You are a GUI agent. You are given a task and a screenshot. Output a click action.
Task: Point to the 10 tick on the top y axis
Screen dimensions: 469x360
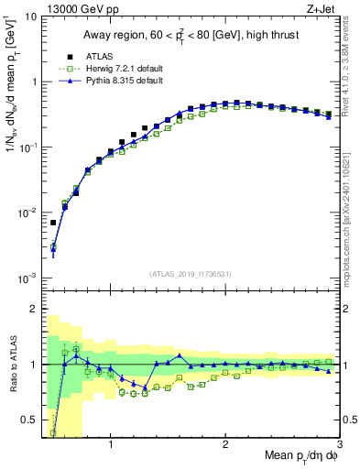click(x=29, y=16)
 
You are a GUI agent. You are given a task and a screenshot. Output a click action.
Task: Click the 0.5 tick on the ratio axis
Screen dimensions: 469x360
click(x=27, y=420)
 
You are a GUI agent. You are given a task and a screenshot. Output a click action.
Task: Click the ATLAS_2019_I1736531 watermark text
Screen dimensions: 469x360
click(x=191, y=273)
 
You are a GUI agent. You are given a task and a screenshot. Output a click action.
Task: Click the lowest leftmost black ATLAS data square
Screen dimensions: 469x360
click(x=53, y=223)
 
